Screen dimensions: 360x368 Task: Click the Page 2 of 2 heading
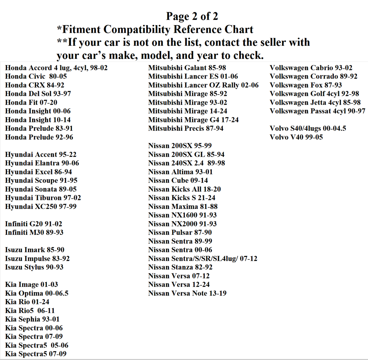tap(192, 16)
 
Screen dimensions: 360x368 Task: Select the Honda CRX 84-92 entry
tap(35, 85)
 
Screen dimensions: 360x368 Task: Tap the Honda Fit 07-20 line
tap(31, 103)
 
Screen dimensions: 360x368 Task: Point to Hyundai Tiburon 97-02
tap(43, 198)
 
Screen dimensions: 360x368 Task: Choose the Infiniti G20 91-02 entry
tap(33, 224)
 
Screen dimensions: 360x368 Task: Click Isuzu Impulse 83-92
tap(37, 259)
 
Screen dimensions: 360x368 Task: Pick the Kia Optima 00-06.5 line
tap(37, 293)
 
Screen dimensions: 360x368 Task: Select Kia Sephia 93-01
tap(32, 319)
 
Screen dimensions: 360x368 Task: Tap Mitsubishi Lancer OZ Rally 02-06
tap(203, 85)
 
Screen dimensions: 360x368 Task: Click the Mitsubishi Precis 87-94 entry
tap(186, 129)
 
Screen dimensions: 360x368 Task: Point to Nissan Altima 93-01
tap(180, 172)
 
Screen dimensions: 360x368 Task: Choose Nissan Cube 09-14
tap(178, 180)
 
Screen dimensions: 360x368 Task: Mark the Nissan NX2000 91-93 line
tap(182, 224)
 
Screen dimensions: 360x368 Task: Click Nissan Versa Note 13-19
tap(187, 293)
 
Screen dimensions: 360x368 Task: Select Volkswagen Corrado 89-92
tap(313, 76)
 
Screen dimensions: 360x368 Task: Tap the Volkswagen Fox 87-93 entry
tap(306, 85)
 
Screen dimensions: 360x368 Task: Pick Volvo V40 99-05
tap(296, 137)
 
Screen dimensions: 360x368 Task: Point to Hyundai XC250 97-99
tap(41, 207)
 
